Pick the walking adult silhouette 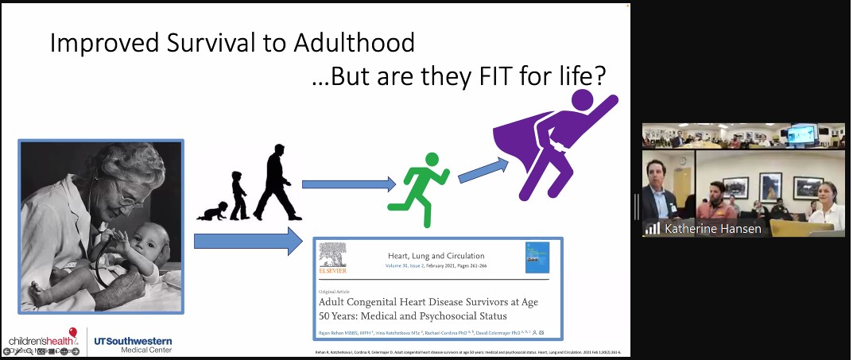click(272, 183)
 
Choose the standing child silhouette click(238, 195)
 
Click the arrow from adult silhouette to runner click(348, 184)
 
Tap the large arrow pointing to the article click(249, 240)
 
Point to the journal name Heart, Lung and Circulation click(436, 256)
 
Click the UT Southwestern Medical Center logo click(134, 344)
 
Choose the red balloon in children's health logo click(73, 332)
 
